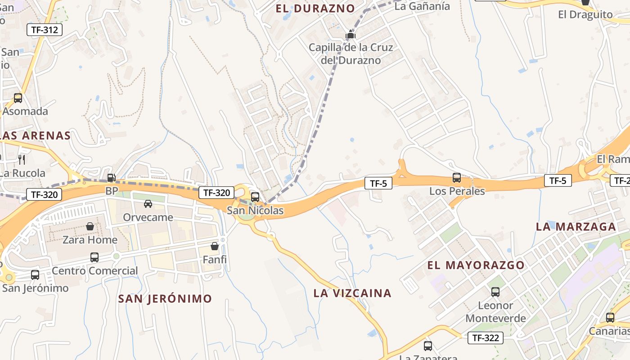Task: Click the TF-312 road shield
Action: (x=44, y=30)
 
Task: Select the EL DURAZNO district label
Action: (x=315, y=9)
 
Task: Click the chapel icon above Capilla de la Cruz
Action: (x=351, y=35)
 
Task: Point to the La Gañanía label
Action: (x=422, y=6)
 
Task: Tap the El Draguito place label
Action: (x=585, y=14)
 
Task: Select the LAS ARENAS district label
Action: (x=36, y=135)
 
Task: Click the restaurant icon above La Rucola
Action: (x=22, y=159)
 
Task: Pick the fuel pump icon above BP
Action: (x=111, y=178)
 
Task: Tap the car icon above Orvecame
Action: (x=148, y=204)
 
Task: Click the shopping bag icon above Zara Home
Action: (x=90, y=226)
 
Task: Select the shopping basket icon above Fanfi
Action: (x=215, y=246)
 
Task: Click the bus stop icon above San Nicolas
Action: (x=255, y=197)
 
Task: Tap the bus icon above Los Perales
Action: (x=457, y=177)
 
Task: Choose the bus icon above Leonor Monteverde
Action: (x=495, y=292)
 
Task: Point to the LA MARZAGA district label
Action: (x=576, y=227)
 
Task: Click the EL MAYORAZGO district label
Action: (x=476, y=265)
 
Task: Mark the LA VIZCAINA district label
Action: (x=352, y=293)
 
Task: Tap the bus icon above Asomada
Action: (x=18, y=98)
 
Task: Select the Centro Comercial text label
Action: (x=94, y=271)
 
